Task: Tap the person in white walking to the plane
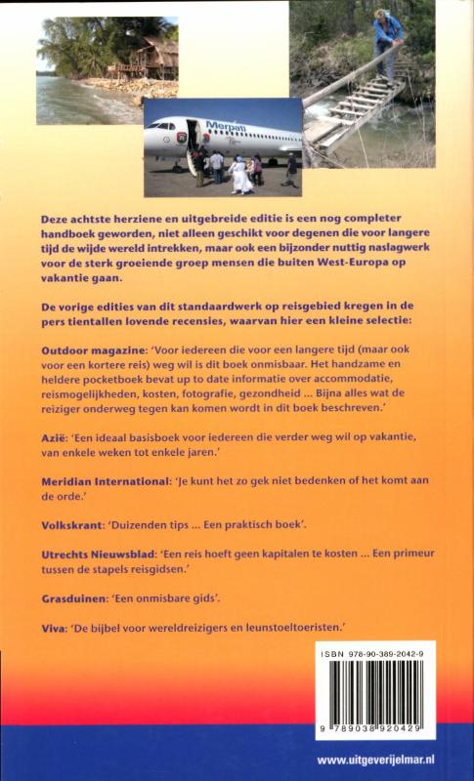point(239,175)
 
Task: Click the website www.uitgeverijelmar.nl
point(388,760)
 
